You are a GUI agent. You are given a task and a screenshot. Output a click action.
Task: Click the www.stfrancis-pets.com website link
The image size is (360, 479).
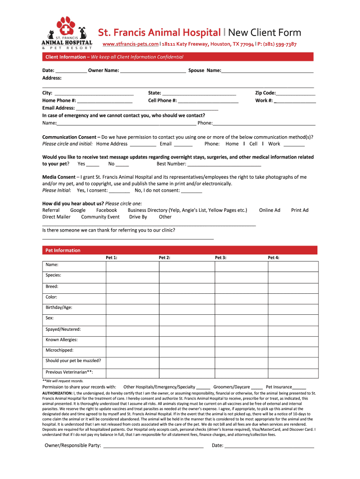pos(130,44)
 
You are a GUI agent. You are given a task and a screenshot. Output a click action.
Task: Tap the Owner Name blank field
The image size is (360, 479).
pos(153,71)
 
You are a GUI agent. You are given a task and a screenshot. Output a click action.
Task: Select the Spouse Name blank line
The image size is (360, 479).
pos(267,71)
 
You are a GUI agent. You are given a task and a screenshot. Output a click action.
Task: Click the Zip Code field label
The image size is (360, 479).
pos(265,93)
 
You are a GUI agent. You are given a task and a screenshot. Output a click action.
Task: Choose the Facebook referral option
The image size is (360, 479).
pos(107,210)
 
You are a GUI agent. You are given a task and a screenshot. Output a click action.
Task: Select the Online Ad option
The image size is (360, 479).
pos(270,210)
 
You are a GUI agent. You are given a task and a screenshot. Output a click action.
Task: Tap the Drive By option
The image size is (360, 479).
pos(138,217)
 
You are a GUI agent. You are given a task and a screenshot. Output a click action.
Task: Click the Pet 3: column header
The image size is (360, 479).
pos(221,258)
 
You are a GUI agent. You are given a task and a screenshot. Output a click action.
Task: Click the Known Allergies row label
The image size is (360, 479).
pos(62,340)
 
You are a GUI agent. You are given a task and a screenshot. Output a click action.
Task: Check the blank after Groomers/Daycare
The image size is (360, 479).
pos(257,387)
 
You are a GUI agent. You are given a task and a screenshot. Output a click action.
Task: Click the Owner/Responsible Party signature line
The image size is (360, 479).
pos(153,446)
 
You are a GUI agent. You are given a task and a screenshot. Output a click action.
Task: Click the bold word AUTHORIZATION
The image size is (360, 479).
pos(57,393)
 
